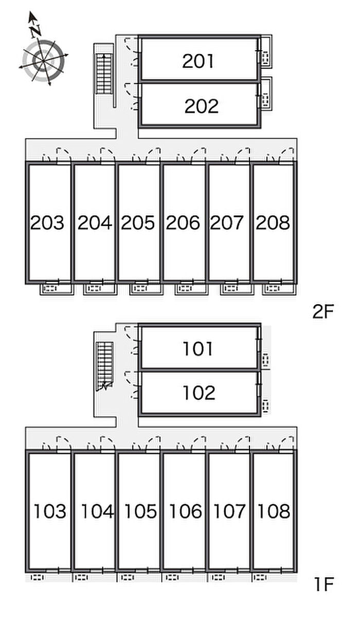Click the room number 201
click(x=198, y=61)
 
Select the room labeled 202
click(x=201, y=106)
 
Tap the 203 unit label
click(x=47, y=223)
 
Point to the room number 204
click(x=94, y=223)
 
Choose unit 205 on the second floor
click(x=138, y=223)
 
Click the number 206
click(x=183, y=223)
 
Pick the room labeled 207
click(x=227, y=223)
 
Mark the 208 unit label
click(x=273, y=223)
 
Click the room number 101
click(x=198, y=349)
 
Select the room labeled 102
click(x=199, y=393)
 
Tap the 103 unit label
click(x=50, y=511)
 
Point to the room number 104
click(x=97, y=511)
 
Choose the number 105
click(x=140, y=511)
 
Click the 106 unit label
click(x=185, y=511)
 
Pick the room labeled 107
click(x=229, y=511)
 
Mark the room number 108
click(x=274, y=511)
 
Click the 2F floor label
click(x=323, y=312)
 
